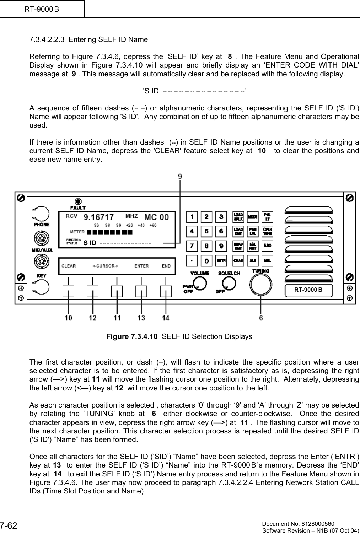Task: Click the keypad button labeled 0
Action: [x=206, y=260]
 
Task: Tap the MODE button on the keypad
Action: [x=253, y=216]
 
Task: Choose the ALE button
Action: [x=253, y=260]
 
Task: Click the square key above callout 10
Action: [x=69, y=292]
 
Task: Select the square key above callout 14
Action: [x=166, y=292]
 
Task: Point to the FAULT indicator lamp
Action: [x=78, y=201]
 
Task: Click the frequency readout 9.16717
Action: [x=99, y=216]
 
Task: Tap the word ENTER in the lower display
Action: [x=141, y=266]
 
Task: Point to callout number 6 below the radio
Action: [x=261, y=318]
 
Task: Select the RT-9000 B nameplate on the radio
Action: [x=308, y=290]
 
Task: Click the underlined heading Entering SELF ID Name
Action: [x=108, y=39]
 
